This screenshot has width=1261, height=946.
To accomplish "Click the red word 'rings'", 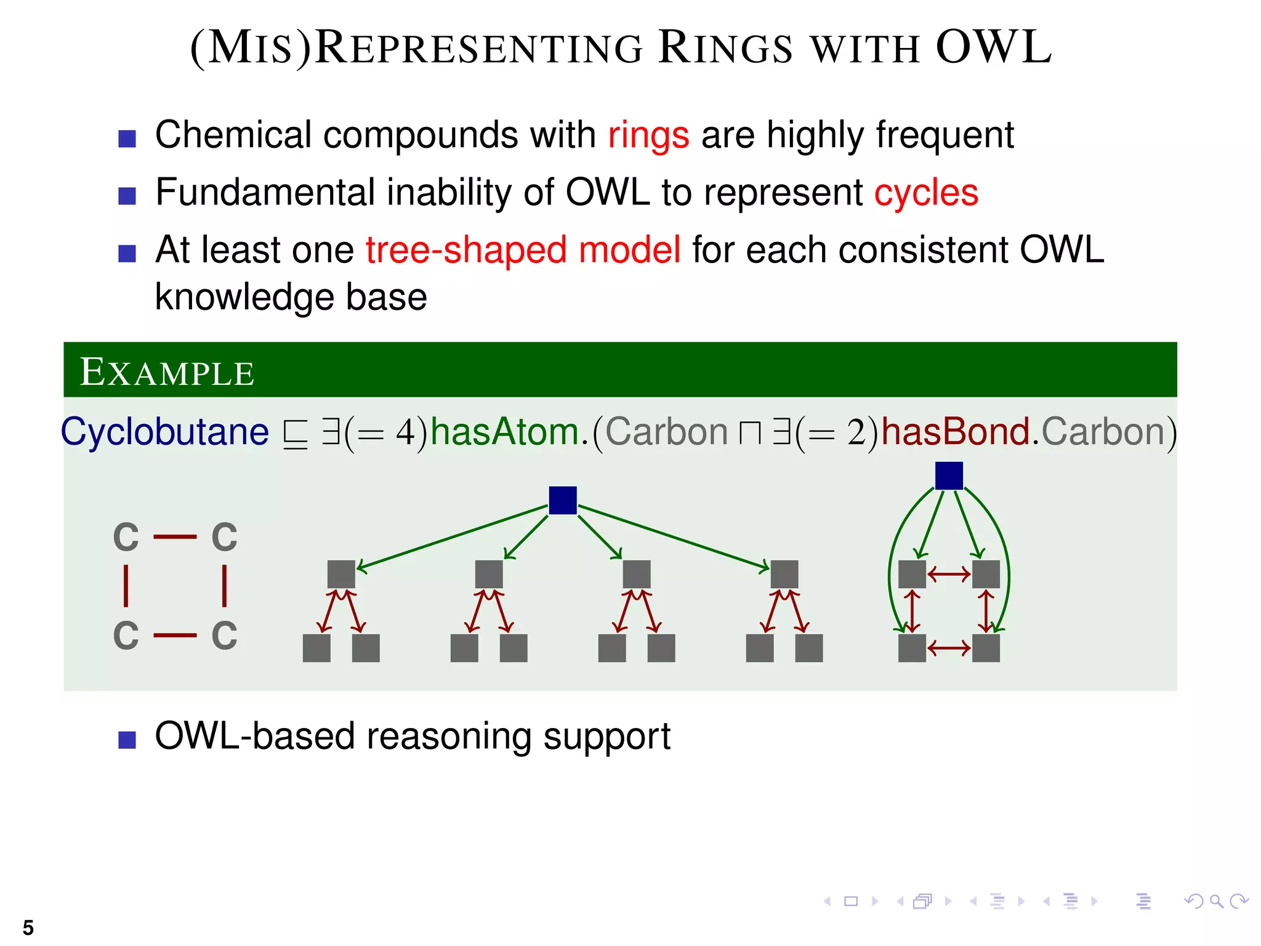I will point(648,135).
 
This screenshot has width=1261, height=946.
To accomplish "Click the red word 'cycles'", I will point(926,193).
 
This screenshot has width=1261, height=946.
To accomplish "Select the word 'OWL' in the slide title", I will point(993,48).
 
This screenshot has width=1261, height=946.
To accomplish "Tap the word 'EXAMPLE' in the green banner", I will point(167,373).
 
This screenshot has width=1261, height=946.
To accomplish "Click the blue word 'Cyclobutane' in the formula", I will point(165,432).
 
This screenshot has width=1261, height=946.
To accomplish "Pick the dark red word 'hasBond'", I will point(956,432).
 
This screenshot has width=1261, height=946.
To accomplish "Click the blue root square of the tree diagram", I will point(562,500).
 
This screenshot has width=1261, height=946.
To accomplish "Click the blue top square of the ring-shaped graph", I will point(948,475).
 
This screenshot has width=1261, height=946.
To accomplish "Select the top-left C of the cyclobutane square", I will point(126,537).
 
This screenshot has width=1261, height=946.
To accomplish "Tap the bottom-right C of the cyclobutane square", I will point(224,636).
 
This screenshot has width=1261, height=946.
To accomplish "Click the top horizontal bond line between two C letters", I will point(175,537).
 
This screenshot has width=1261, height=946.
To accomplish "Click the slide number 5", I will point(28,928).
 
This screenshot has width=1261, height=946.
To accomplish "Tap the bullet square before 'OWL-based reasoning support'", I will point(127,740).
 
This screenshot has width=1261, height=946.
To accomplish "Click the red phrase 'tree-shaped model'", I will point(523,250).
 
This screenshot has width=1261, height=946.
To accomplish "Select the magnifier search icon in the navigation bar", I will point(1215,902).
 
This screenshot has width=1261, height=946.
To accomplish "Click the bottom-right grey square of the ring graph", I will point(985,648).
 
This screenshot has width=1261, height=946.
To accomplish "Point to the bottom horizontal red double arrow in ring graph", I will point(948,648).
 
